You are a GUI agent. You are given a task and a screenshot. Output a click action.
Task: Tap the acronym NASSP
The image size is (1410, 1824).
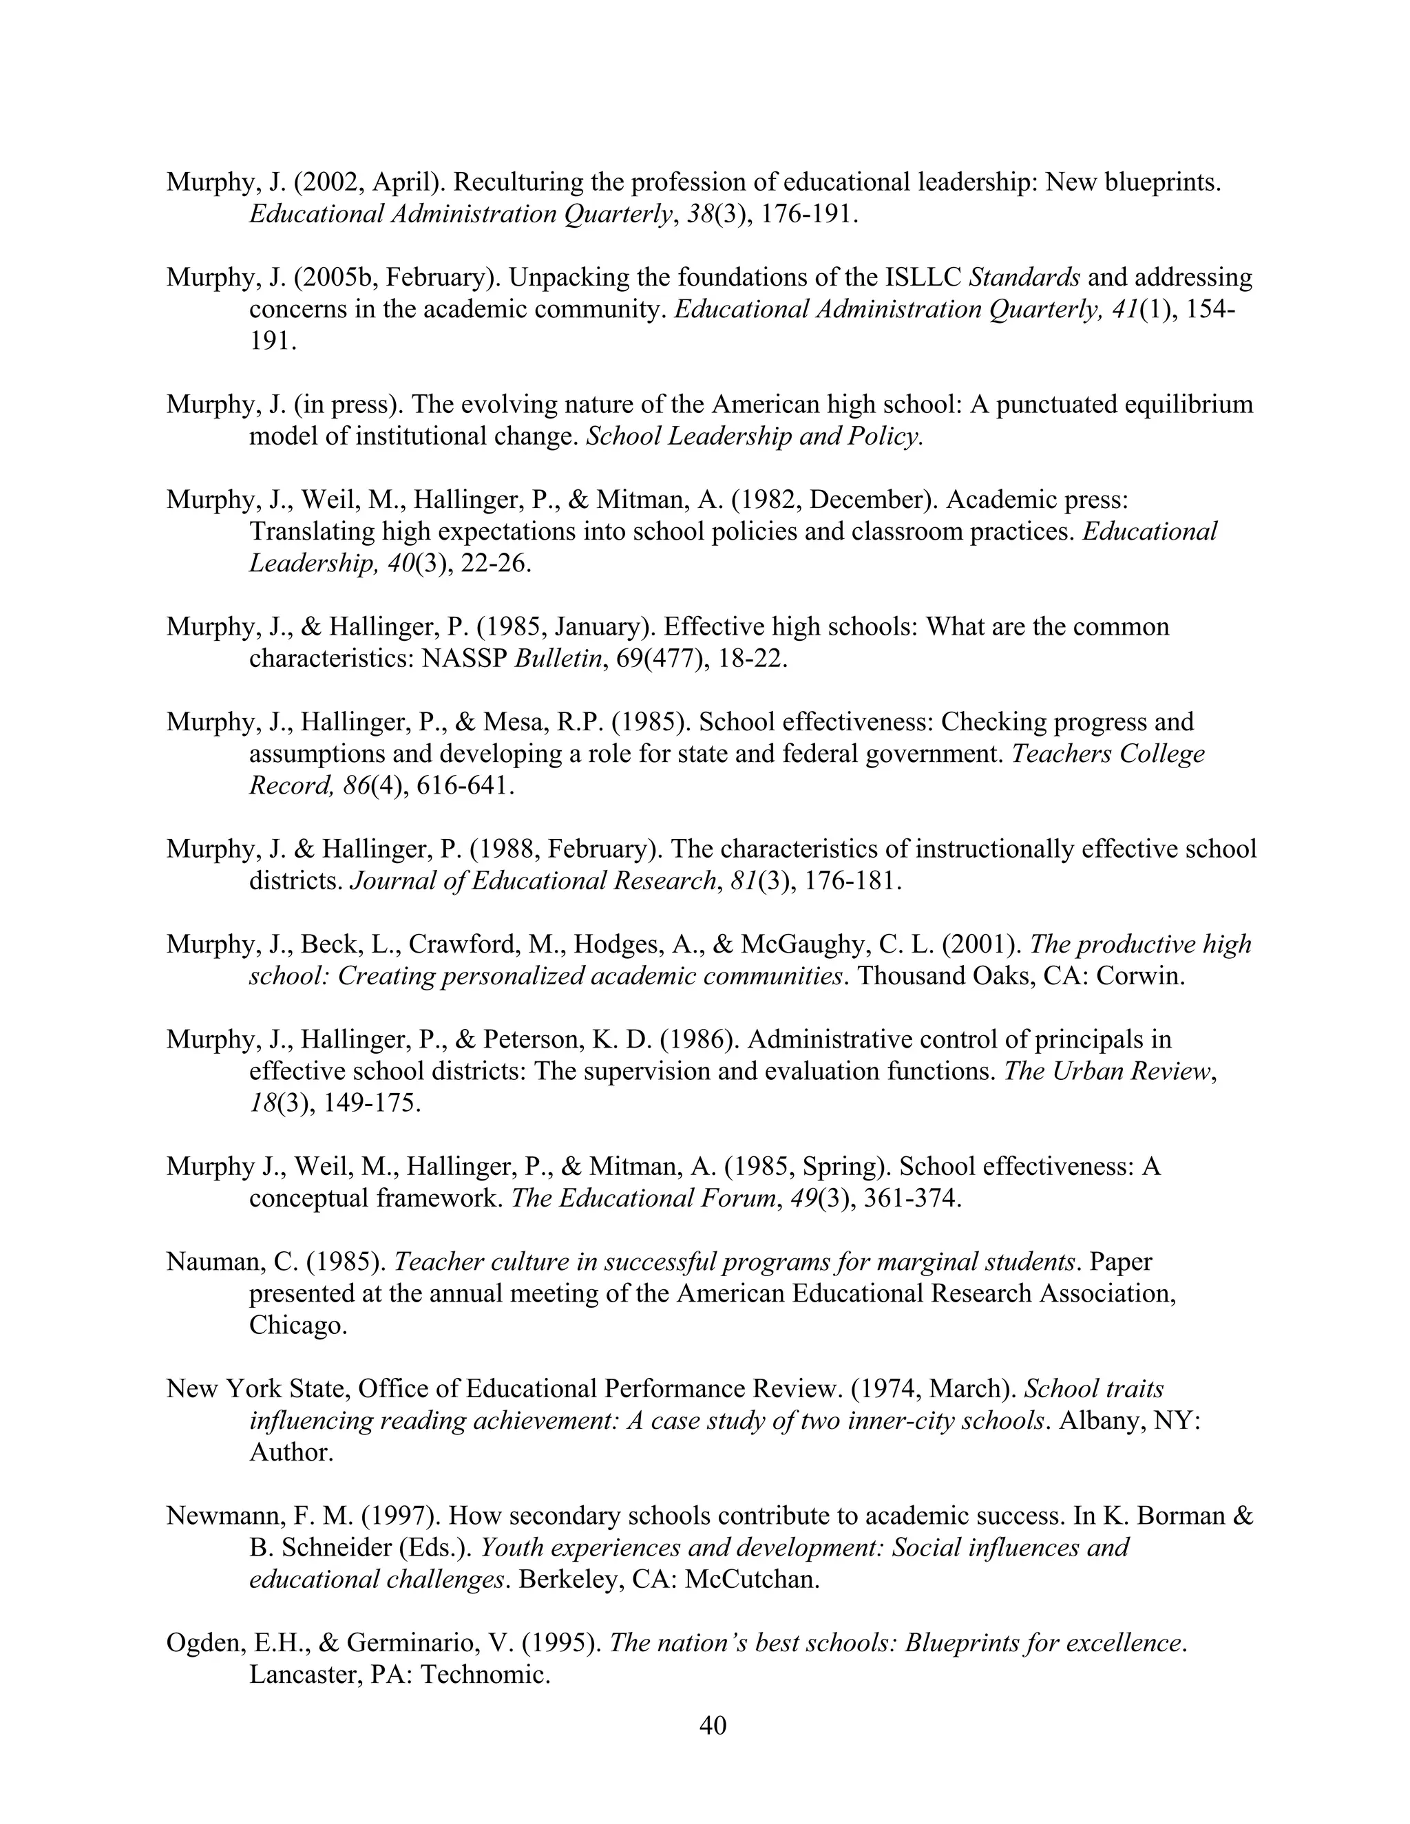465,659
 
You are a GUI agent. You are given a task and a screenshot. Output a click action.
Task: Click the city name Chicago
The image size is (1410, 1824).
297,1326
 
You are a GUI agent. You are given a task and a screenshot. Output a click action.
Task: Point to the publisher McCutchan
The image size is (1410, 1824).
752,1579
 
